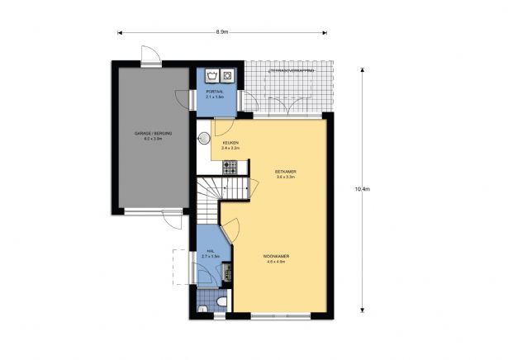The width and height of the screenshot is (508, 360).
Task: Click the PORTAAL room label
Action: (214, 91)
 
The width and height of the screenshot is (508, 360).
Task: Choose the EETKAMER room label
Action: (286, 172)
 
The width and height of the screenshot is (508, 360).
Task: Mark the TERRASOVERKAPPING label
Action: (291, 72)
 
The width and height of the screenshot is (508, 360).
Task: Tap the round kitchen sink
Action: (203, 139)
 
